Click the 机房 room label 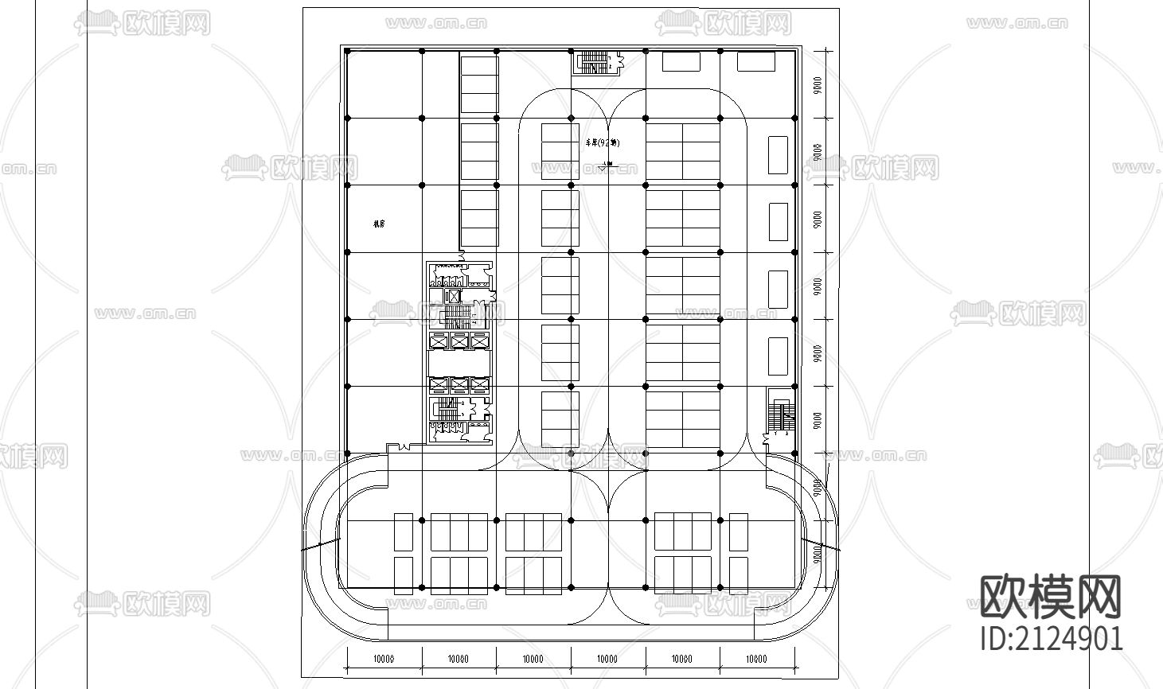pyautogui.click(x=379, y=224)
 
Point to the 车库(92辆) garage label pyautogui.click(x=603, y=143)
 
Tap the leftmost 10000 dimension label pyautogui.click(x=384, y=659)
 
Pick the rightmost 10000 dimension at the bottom pyautogui.click(x=757, y=659)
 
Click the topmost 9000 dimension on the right pyautogui.click(x=818, y=85)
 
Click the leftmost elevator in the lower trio pyautogui.click(x=439, y=386)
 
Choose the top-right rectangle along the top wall pyautogui.click(x=755, y=61)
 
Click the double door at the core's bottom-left pyautogui.click(x=404, y=446)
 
